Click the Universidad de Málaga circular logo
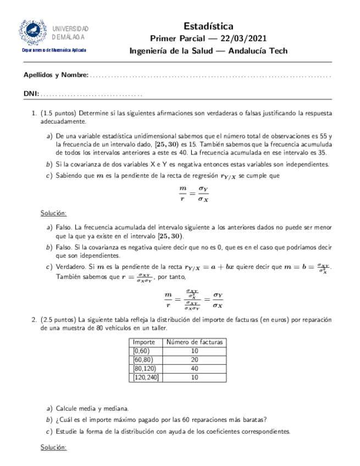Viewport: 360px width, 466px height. [32, 32]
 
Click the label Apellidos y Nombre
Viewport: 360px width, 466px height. [56, 75]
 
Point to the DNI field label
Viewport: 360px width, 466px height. [31, 95]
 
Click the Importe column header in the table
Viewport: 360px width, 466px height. [145, 342]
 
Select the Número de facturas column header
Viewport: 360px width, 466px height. [195, 342]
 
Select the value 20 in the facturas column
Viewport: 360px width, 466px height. [195, 360]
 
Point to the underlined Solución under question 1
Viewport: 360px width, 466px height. [54, 213]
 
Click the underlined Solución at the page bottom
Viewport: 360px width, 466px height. [54, 448]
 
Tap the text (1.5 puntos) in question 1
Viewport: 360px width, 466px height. [59, 113]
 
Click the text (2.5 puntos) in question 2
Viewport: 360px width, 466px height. [59, 318]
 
